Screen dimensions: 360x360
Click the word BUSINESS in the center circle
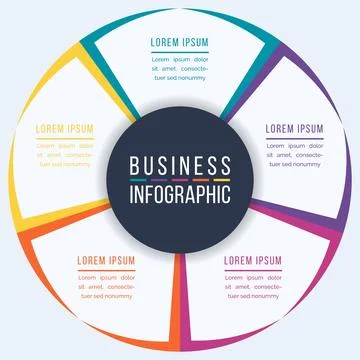click(x=180, y=165)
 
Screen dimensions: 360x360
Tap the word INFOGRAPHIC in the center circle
click(x=180, y=192)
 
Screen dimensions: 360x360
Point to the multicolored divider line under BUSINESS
click(x=180, y=179)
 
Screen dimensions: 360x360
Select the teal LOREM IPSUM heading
click(x=179, y=43)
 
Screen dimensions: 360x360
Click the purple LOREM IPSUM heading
click(x=294, y=129)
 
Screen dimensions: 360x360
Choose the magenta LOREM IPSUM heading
click(x=253, y=259)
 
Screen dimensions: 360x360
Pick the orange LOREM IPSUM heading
click(x=106, y=259)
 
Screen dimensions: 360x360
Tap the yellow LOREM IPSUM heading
click(x=65, y=129)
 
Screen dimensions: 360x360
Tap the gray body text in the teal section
click(x=179, y=67)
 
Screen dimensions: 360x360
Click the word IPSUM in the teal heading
click(x=194, y=43)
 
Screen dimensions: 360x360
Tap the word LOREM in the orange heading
click(x=92, y=259)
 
